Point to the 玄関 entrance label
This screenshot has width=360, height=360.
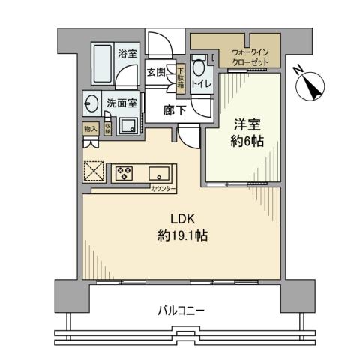[x=156, y=72]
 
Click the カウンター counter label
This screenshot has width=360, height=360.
[x=184, y=190]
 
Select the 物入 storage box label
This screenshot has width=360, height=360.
[x=88, y=129]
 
